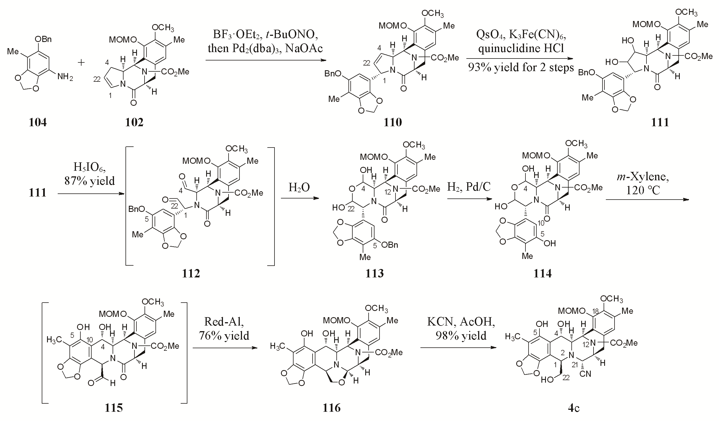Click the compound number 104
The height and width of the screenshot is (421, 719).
click(x=38, y=122)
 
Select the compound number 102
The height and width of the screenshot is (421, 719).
click(x=134, y=122)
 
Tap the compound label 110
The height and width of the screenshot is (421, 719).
click(x=393, y=122)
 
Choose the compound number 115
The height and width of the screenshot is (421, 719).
click(x=113, y=408)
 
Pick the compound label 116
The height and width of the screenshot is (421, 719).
click(x=332, y=408)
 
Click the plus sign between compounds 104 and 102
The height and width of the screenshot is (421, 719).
click(x=81, y=62)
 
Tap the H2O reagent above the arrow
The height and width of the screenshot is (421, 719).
click(x=299, y=188)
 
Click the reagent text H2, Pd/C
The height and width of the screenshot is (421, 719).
click(x=469, y=187)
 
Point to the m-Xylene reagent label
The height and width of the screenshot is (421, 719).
click(x=643, y=177)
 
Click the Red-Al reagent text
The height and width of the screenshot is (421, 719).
click(x=224, y=322)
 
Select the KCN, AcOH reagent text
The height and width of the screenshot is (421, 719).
click(x=461, y=322)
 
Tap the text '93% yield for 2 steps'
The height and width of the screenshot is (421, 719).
click(x=521, y=67)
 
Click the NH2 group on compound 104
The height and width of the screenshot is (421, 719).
click(x=65, y=76)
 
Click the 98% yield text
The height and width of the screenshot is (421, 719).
click(x=461, y=335)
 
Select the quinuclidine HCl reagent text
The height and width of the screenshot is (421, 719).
click(x=521, y=49)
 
